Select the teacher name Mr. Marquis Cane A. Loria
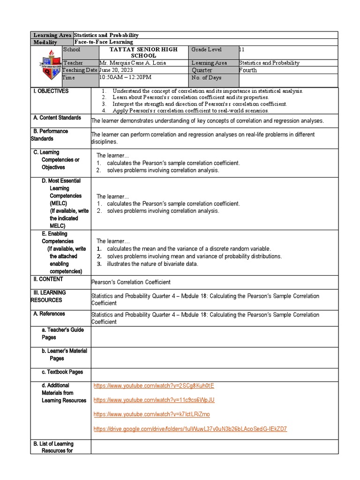click(x=133, y=63)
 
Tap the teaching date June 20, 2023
click(x=120, y=70)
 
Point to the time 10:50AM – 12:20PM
click(x=125, y=77)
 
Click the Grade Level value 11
click(x=241, y=50)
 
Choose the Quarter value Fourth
click(x=248, y=70)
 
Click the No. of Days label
click(x=207, y=78)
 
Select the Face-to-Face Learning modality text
click(x=103, y=42)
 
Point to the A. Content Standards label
click(x=57, y=118)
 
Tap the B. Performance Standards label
click(x=51, y=135)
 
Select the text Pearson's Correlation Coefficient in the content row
click(x=131, y=282)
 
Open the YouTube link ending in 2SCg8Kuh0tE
click(x=154, y=386)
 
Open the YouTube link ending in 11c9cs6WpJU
click(x=154, y=400)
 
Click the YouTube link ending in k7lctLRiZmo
click(x=152, y=414)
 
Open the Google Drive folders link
click(x=190, y=429)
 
